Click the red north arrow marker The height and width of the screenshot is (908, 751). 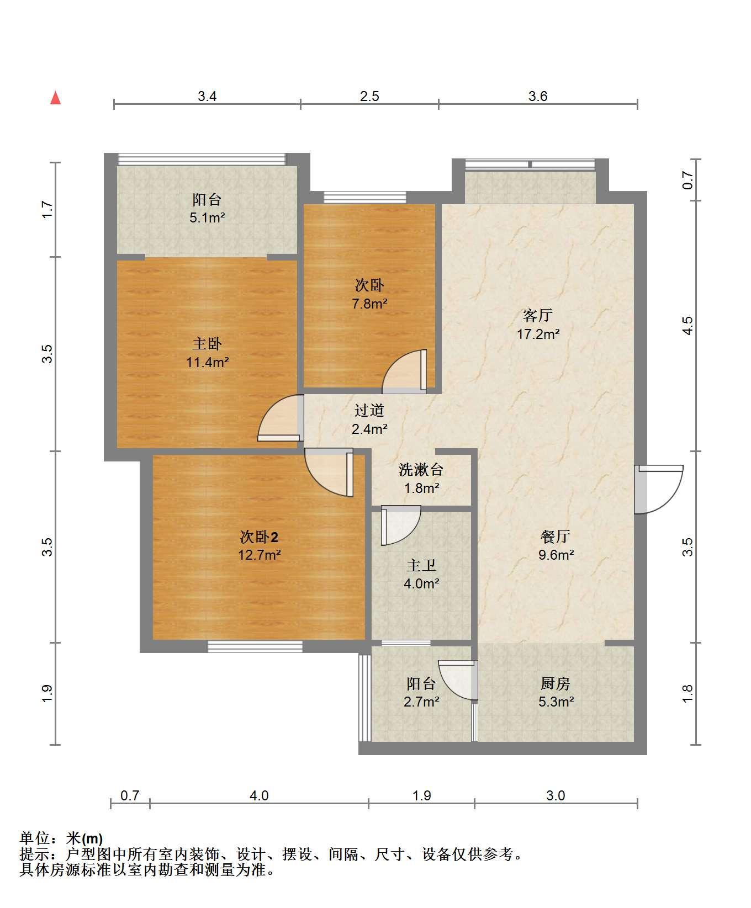click(x=55, y=98)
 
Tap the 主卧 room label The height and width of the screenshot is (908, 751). click(x=207, y=344)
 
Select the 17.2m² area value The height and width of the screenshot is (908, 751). click(x=538, y=334)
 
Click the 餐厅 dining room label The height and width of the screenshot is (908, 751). click(x=556, y=536)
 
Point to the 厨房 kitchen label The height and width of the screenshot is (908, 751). click(x=556, y=683)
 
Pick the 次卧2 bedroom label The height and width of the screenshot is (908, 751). click(x=259, y=536)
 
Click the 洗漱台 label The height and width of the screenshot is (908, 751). click(x=421, y=470)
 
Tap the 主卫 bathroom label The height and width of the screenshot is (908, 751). click(x=421, y=565)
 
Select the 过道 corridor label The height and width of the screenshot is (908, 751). click(x=369, y=410)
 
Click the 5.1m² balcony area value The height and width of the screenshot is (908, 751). click(x=207, y=217)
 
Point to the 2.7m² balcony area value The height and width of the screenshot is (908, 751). click(x=421, y=702)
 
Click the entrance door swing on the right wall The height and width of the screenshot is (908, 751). click(x=659, y=489)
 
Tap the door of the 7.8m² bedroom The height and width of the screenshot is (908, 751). click(x=404, y=371)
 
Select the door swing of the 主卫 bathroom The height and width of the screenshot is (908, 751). click(x=401, y=525)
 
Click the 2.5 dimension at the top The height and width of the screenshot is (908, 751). click(x=369, y=97)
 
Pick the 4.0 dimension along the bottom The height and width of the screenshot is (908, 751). click(x=259, y=795)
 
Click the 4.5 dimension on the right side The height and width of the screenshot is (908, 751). click(x=687, y=326)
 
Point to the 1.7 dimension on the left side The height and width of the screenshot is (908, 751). click(x=47, y=209)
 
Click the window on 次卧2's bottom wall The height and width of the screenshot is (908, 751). click(x=255, y=646)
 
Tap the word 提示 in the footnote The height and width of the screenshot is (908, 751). click(x=34, y=854)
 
